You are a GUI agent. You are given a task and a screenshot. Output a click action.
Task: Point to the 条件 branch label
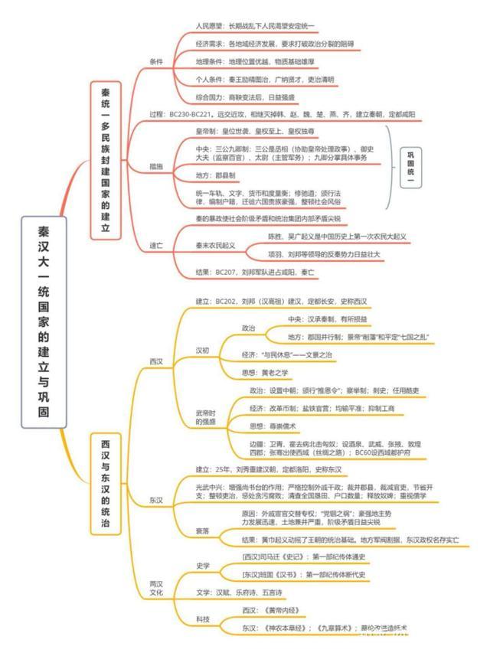(156, 61)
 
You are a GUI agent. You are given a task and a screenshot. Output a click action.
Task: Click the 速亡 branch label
(156, 245)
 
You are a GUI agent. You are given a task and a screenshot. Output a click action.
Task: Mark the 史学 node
(203, 566)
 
